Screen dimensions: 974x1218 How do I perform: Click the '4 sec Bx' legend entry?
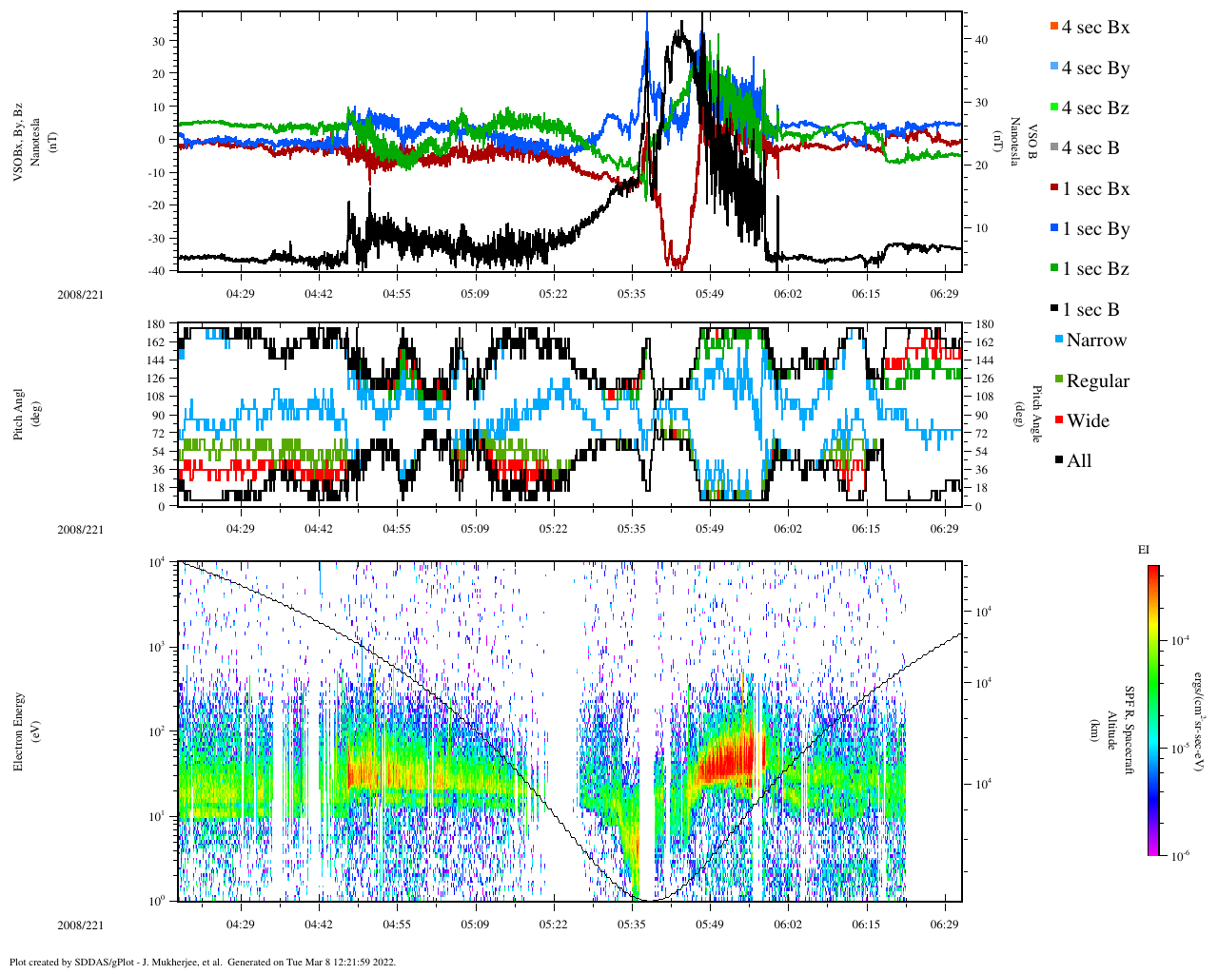click(x=1094, y=28)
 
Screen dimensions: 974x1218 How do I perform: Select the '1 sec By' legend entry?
click(x=1094, y=229)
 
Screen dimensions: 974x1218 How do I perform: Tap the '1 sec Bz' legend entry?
click(x=1094, y=269)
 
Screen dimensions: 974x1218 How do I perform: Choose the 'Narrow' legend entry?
click(x=1095, y=341)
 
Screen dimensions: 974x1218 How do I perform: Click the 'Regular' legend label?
click(x=1097, y=381)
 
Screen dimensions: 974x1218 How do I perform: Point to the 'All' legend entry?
click(x=1078, y=461)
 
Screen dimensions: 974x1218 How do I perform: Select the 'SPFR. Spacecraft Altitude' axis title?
click(x=1119, y=730)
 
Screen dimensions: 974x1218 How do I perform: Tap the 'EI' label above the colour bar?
click(x=1144, y=550)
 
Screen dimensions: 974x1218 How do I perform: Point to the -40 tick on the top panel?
click(x=156, y=271)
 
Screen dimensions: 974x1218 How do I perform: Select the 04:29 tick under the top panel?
click(x=240, y=294)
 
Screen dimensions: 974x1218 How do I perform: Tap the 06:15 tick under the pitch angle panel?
click(x=866, y=529)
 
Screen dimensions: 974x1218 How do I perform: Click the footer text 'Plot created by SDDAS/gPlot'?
click(x=202, y=962)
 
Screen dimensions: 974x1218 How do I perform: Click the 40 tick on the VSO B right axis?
click(x=981, y=40)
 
